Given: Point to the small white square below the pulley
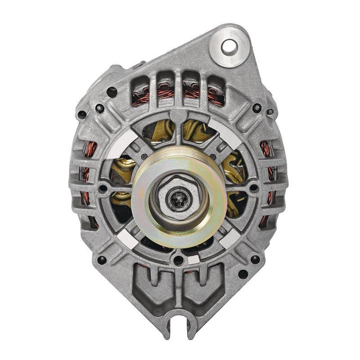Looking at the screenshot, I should (x=193, y=260).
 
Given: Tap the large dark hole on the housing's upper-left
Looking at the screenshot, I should (x=112, y=92).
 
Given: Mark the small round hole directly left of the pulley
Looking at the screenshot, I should (x=104, y=189).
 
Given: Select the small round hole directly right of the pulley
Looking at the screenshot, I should (x=254, y=189).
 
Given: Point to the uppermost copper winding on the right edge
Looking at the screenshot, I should (x=266, y=148).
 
